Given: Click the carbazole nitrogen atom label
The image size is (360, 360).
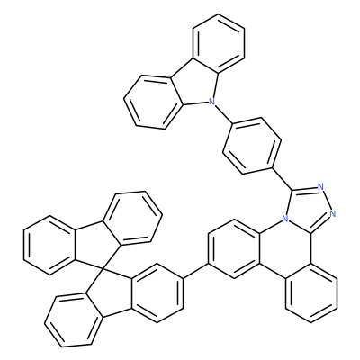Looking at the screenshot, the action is pos(212,102).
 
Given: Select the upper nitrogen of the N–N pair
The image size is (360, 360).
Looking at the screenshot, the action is pos(320,187).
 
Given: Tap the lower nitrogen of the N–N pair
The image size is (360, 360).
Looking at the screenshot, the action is pos(332,214).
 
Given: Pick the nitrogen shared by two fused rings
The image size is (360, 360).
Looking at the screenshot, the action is pos(286,220).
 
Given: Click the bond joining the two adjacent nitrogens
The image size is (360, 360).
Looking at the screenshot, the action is pos(326,201).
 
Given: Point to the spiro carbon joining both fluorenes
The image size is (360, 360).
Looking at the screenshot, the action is pos(103,266).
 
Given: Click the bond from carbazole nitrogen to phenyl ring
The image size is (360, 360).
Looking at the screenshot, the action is pos(223,113).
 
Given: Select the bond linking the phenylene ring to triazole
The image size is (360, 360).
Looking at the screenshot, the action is pos(283,179).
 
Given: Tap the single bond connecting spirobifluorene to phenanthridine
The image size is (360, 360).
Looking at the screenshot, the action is pos(195,272).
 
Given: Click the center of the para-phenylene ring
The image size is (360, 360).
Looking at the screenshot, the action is pos(252,146).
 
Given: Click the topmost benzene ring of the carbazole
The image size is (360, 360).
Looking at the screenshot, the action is pos(219,43).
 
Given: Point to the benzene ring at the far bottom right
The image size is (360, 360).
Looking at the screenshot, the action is pos(311,293).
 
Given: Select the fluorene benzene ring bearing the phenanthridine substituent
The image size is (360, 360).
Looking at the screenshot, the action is pos(157,293).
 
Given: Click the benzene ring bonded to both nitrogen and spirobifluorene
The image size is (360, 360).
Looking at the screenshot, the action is pos(234,249).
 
